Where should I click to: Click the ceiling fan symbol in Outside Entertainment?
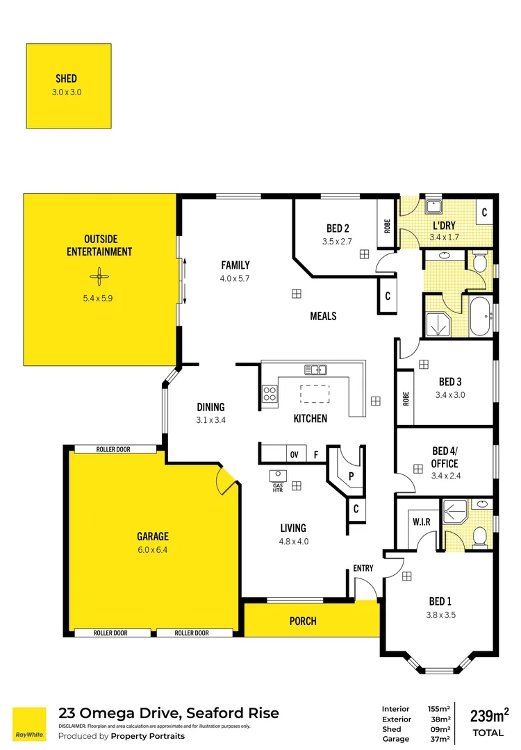tap(99, 278)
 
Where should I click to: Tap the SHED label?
tap(66, 78)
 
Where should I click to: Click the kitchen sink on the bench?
tap(315, 369)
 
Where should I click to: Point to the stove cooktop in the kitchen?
tap(270, 396)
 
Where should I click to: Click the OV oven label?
tap(294, 455)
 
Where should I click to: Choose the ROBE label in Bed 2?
tap(387, 225)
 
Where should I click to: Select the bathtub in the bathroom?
tap(481, 317)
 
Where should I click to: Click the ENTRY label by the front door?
tap(363, 568)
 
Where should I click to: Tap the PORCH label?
tap(303, 621)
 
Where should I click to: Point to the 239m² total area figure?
tap(489, 715)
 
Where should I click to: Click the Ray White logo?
tap(29, 724)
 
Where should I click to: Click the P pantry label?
tap(352, 476)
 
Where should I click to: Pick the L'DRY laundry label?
tap(444, 226)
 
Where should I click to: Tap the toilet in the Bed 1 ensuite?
tap(479, 535)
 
